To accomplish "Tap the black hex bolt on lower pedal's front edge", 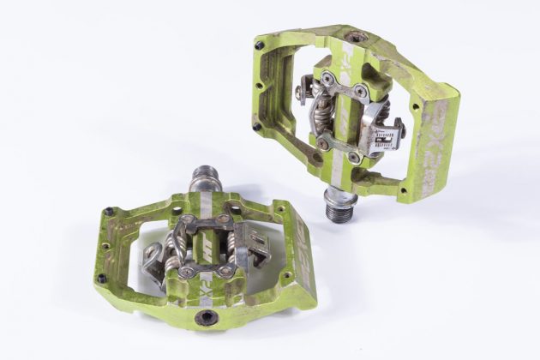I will [x=207, y=317].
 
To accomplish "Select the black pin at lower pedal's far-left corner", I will [x=109, y=211].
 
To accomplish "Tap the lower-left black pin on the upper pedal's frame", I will [x=257, y=127].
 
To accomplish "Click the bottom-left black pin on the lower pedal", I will [x=102, y=278].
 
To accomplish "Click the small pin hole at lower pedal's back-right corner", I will [x=279, y=207].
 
